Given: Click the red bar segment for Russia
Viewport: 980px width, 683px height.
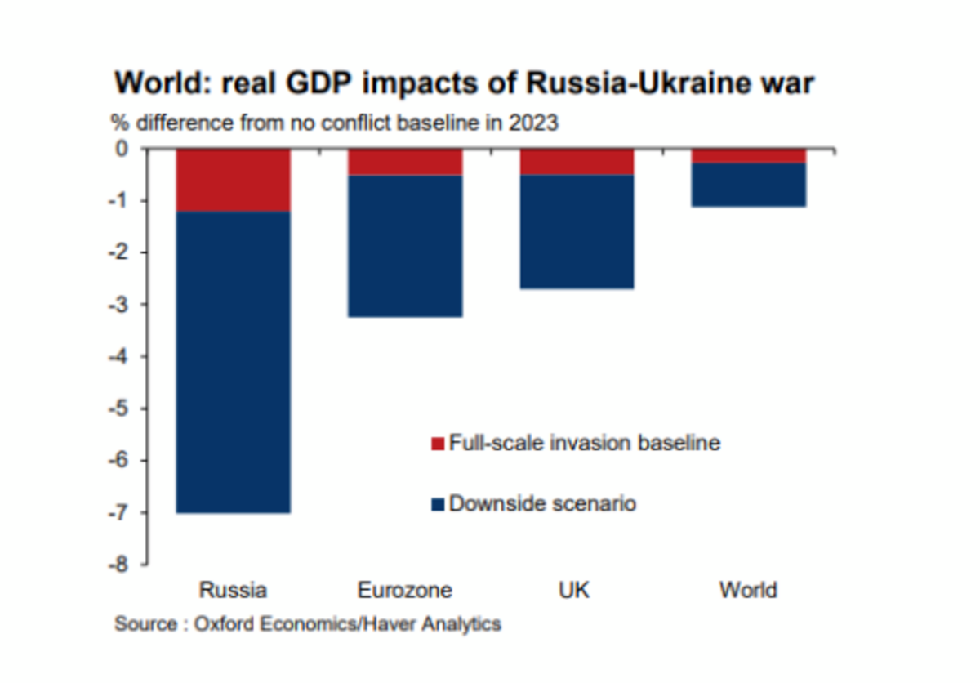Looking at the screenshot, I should click(x=234, y=181).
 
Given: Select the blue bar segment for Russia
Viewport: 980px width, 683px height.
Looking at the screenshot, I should click(x=234, y=362).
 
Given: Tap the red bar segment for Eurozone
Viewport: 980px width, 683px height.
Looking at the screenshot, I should click(x=405, y=162).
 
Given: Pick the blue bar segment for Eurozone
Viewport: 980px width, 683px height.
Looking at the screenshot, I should click(x=405, y=246).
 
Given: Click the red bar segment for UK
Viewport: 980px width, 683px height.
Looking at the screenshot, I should click(x=577, y=162).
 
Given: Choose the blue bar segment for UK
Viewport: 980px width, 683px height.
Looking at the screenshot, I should click(x=577, y=231).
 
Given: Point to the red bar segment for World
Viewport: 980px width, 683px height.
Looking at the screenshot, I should click(x=749, y=156).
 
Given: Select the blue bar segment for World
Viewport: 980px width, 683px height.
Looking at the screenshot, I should click(x=749, y=185).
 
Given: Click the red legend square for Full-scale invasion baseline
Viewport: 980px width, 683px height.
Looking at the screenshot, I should click(x=438, y=444).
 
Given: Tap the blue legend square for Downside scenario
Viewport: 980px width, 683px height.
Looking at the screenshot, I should click(x=438, y=504).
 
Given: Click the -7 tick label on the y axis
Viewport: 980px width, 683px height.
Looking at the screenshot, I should click(x=122, y=512).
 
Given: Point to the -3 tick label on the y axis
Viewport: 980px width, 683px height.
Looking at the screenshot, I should click(x=122, y=305).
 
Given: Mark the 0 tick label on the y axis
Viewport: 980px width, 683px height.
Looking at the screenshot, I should click(x=123, y=149).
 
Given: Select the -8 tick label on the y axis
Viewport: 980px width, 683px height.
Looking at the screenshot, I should click(x=122, y=565).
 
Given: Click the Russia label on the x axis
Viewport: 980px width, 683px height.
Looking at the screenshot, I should click(x=233, y=590).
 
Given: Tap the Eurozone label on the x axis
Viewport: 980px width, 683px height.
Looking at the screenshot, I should click(x=405, y=590).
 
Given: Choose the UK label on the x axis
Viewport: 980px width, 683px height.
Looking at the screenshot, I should click(x=577, y=590).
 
